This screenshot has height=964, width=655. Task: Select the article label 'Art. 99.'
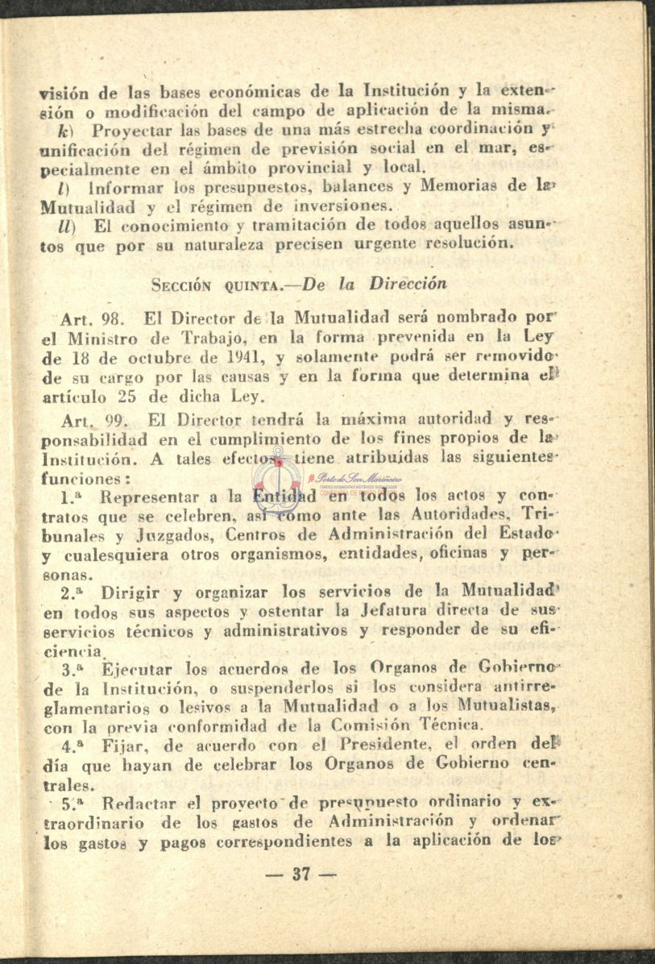coord(90,421)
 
